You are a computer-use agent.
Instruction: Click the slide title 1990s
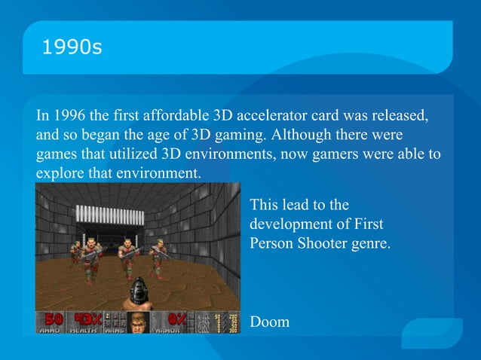pyautogui.click(x=72, y=47)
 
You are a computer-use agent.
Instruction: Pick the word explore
pyautogui.click(x=58, y=173)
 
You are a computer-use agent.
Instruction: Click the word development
pyautogui.click(x=289, y=224)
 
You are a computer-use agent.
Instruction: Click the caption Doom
pyautogui.click(x=269, y=322)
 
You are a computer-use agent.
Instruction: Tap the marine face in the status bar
pyautogui.click(x=139, y=322)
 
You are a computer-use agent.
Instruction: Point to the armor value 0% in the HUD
pyautogui.click(x=174, y=319)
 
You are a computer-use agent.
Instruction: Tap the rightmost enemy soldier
pyautogui.click(x=159, y=258)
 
